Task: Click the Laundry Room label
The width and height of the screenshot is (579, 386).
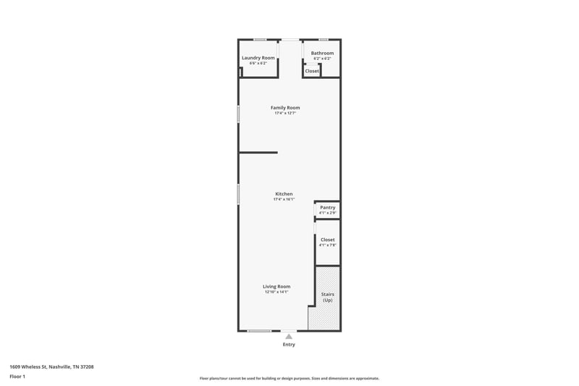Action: coord(258,57)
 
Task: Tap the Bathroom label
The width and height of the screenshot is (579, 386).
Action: coord(322,53)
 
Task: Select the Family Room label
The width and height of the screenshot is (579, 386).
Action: coord(285,108)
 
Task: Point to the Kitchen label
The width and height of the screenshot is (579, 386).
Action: coord(284,194)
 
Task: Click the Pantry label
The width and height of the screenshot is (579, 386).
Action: coord(328,208)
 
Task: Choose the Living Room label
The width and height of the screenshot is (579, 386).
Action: coord(276,286)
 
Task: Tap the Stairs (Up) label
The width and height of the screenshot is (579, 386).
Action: coord(327,297)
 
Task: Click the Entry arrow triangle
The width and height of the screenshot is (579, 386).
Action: coord(289,337)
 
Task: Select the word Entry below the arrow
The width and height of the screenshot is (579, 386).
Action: coord(289,345)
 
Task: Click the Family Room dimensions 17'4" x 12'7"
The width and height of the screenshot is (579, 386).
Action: coord(285,114)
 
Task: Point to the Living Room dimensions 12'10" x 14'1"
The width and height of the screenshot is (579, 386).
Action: coord(276,292)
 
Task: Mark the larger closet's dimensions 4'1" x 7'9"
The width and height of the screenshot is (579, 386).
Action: coord(328,246)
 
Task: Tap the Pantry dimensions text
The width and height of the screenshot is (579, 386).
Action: coord(328,213)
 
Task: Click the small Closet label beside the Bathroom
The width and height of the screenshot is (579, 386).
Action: coord(312,71)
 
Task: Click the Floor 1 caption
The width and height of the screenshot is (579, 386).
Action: coord(17,377)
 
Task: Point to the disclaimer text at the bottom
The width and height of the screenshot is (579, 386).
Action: coord(289,378)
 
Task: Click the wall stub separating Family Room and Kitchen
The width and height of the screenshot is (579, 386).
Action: coord(258,152)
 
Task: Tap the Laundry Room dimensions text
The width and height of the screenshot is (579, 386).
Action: coord(258,63)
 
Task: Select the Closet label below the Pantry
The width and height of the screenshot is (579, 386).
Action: coord(328,240)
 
